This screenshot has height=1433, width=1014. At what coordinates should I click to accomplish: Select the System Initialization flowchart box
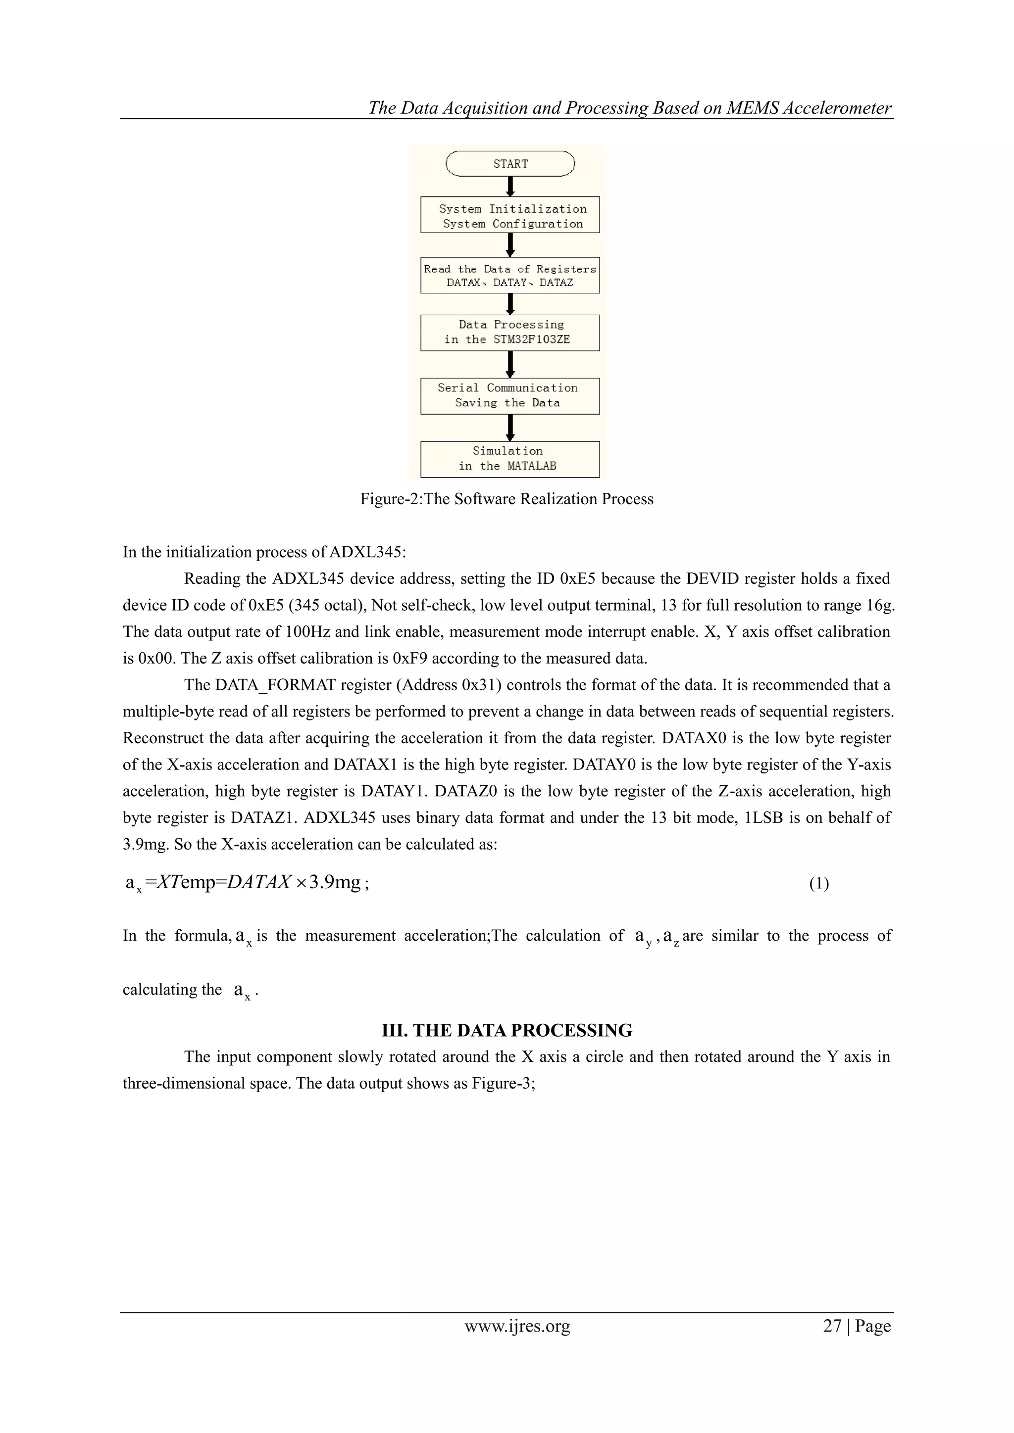click(x=510, y=215)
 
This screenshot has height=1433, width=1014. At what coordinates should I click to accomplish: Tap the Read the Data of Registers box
click(x=510, y=275)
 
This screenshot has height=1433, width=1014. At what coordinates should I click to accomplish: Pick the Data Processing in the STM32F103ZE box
click(x=510, y=333)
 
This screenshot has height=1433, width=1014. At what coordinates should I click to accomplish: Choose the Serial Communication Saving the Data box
click(x=510, y=396)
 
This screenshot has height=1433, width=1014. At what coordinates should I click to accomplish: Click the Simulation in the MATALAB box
click(x=510, y=459)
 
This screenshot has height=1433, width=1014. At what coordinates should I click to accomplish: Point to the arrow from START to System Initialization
click(x=510, y=187)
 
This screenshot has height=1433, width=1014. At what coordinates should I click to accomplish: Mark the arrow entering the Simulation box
click(x=510, y=428)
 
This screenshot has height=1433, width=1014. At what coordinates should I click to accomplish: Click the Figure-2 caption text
click(x=507, y=499)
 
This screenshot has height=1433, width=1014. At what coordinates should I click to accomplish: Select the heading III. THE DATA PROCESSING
click(x=507, y=1030)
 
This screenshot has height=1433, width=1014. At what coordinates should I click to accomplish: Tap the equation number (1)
click(x=818, y=883)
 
